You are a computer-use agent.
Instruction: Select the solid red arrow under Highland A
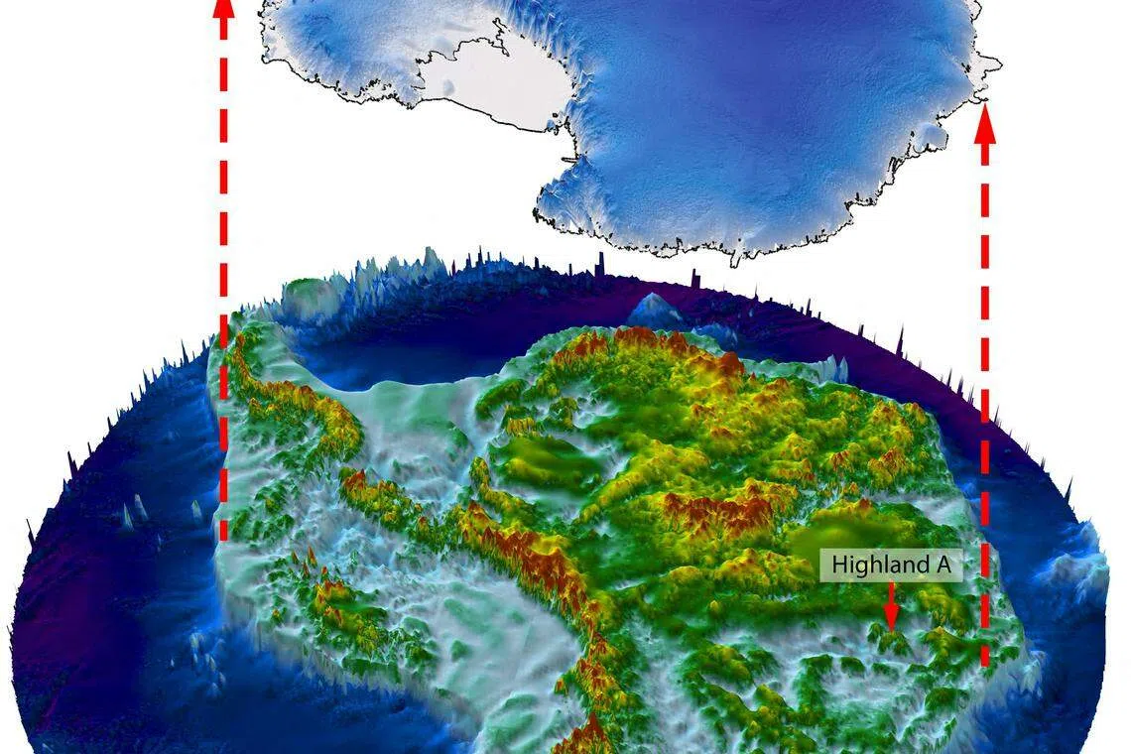click(x=891, y=606)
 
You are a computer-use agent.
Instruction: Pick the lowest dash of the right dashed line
click(x=984, y=653)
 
